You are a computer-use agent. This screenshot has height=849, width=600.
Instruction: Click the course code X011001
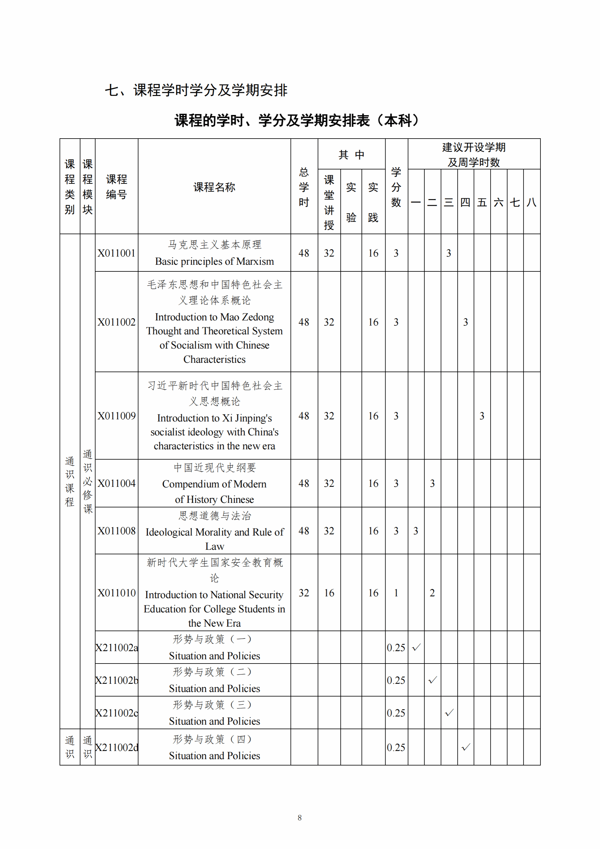116,253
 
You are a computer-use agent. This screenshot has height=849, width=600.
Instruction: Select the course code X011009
116,416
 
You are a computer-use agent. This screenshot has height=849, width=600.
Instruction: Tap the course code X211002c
116,713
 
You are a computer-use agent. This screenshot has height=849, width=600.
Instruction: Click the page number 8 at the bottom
299,818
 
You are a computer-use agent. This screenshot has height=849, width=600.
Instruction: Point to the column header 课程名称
214,187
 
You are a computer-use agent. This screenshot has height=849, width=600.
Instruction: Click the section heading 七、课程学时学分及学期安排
196,90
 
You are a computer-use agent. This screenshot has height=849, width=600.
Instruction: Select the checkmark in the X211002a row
416,647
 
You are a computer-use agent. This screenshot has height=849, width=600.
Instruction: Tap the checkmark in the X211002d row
466,747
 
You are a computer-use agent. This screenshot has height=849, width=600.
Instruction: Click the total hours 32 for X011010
304,593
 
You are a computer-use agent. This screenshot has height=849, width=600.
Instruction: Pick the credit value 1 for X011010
396,593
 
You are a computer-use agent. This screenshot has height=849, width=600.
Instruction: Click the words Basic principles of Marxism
214,261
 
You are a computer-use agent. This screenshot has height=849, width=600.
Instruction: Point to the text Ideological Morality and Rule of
214,532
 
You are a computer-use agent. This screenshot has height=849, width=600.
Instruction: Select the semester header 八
532,202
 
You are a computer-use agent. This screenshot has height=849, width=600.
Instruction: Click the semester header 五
482,202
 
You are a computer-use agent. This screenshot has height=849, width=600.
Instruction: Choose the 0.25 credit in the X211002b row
396,680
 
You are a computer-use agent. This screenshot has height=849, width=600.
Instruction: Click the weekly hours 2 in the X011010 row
432,593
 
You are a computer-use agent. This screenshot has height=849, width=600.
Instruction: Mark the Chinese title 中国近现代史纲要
214,468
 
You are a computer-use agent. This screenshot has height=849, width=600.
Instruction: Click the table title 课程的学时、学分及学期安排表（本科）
298,120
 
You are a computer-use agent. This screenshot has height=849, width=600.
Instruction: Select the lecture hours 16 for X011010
329,593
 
